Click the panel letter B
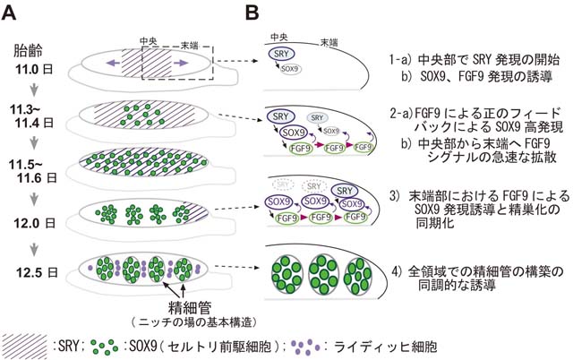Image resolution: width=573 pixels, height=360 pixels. pos(252,13)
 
